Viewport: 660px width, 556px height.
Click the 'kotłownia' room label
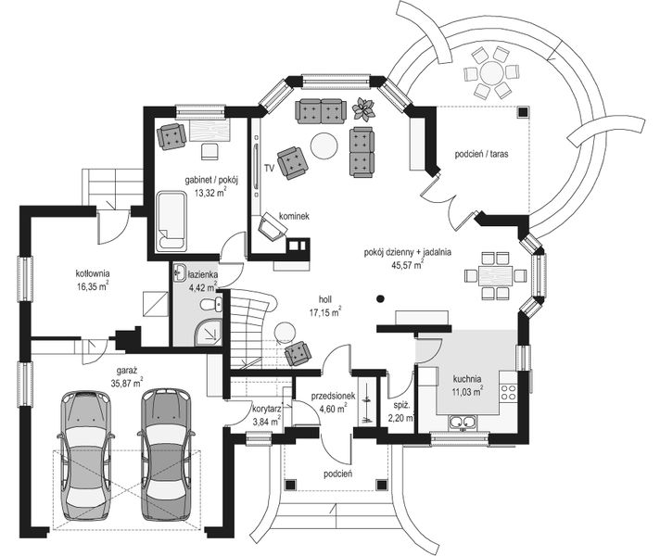click(x=93, y=272)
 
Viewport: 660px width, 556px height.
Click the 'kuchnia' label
click(x=467, y=379)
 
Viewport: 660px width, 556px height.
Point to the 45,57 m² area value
click(x=408, y=265)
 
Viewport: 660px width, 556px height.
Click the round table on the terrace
click(x=491, y=72)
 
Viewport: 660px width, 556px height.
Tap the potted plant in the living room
click(x=363, y=109)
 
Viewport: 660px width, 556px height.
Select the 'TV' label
click(x=270, y=169)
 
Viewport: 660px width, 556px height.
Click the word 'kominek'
click(x=294, y=216)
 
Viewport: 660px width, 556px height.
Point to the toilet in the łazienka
click(x=211, y=304)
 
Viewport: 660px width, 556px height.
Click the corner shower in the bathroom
click(x=208, y=332)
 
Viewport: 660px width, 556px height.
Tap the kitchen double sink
click(x=463, y=422)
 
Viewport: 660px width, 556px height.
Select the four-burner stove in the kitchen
click(x=508, y=392)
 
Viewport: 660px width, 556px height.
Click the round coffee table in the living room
click(x=324, y=145)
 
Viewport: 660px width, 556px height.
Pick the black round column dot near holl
click(x=380, y=299)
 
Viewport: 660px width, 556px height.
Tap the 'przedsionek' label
click(x=333, y=396)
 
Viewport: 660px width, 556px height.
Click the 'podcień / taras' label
click(x=481, y=154)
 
